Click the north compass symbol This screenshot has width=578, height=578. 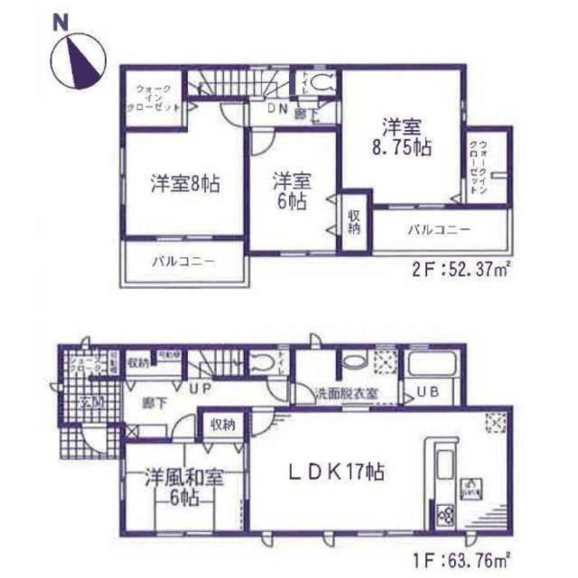click(x=77, y=61)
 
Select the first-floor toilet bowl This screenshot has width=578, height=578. click(x=262, y=364)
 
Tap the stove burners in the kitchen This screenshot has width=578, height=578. click(x=446, y=513)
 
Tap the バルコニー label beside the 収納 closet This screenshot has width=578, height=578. click(x=439, y=230)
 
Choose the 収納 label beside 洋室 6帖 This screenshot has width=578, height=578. click(x=354, y=221)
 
